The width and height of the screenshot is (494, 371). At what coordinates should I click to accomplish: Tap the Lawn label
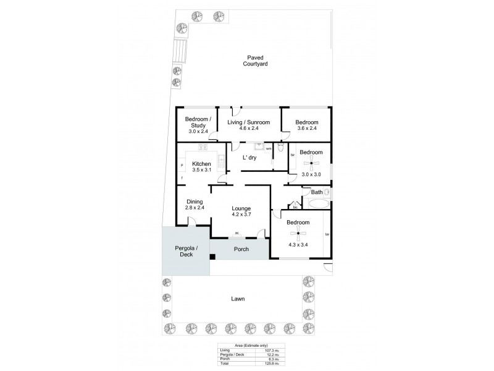click(x=238, y=299)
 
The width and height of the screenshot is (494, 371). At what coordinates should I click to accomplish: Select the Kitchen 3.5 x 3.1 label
click(x=201, y=166)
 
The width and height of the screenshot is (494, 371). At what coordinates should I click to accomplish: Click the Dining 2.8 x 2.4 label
click(x=195, y=204)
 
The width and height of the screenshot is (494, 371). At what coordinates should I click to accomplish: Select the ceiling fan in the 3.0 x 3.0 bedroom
click(x=311, y=163)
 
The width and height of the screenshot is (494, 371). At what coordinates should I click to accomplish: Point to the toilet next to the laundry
click(x=280, y=148)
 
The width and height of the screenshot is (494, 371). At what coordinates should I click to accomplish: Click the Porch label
click(x=241, y=249)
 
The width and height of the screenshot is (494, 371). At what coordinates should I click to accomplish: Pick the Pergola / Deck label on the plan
click(x=185, y=250)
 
